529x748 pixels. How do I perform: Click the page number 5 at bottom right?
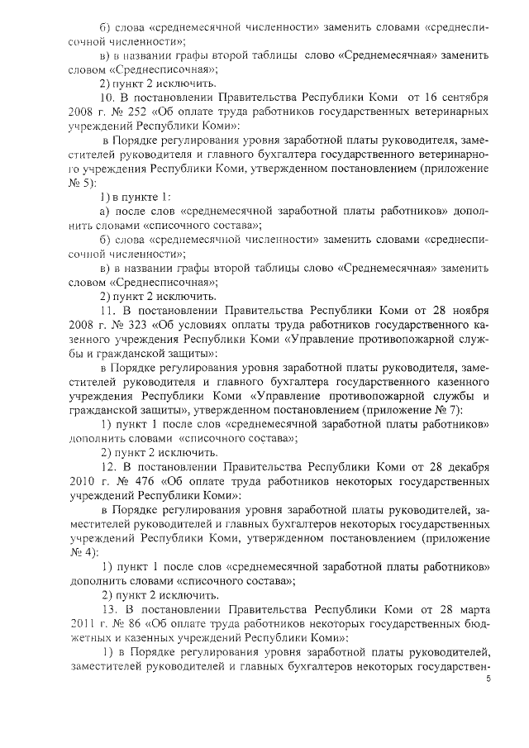488,679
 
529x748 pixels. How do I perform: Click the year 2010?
83,481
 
